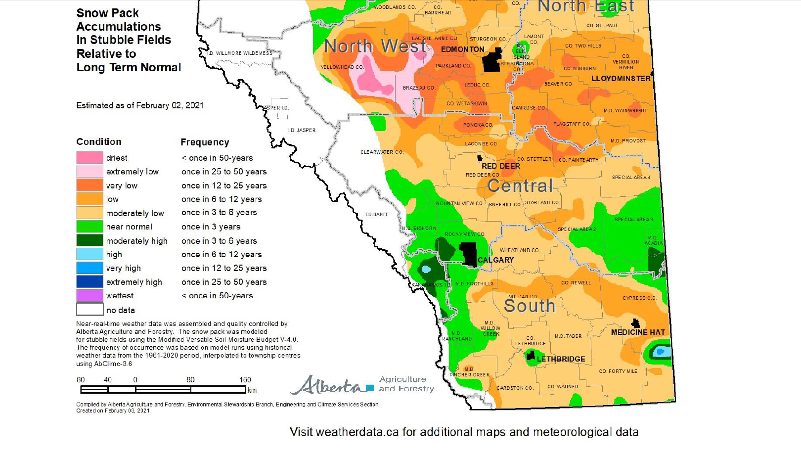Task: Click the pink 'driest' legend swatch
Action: (89, 158)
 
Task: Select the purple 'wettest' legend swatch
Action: (89, 295)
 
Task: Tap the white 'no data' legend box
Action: (89, 310)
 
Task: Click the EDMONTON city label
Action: (462, 49)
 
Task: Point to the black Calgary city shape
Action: (468, 254)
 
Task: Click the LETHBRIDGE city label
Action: (561, 359)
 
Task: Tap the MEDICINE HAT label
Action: (638, 332)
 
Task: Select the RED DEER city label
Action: (500, 166)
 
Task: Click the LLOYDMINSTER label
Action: (621, 79)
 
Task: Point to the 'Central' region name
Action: (520, 186)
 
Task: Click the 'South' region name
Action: (529, 306)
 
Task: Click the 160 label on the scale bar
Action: (245, 380)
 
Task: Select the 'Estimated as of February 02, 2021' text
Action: (140, 105)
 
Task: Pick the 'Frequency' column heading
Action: (205, 142)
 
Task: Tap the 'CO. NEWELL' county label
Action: (576, 283)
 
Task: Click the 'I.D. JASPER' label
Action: (302, 131)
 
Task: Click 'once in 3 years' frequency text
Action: (211, 227)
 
